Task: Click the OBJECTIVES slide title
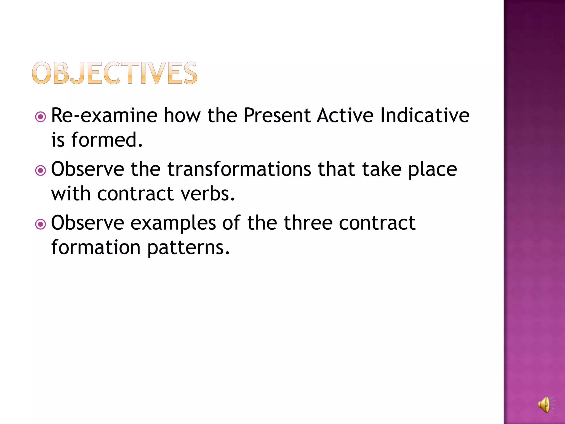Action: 114,73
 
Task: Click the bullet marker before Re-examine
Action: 41,117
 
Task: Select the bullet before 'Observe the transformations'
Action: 41,171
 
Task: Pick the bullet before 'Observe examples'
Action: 41,224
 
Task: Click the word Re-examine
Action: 104,115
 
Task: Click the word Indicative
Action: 425,115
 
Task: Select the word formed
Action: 107,140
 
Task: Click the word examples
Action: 173,223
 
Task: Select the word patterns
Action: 188,248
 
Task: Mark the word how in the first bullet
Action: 182,115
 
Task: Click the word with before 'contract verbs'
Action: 71,194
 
